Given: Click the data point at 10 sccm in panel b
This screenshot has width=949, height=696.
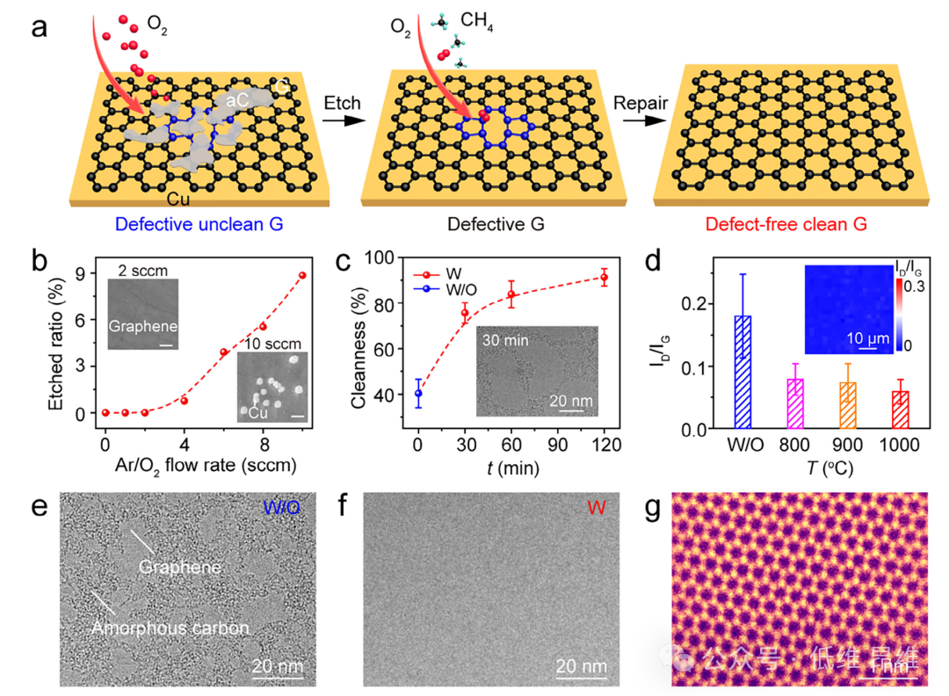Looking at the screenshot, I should click(x=302, y=275).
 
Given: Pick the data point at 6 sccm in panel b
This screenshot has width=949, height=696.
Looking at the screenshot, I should click(x=224, y=352).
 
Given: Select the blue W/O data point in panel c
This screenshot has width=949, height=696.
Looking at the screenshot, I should click(x=418, y=393).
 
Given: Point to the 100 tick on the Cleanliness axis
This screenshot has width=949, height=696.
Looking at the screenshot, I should click(x=388, y=258).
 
